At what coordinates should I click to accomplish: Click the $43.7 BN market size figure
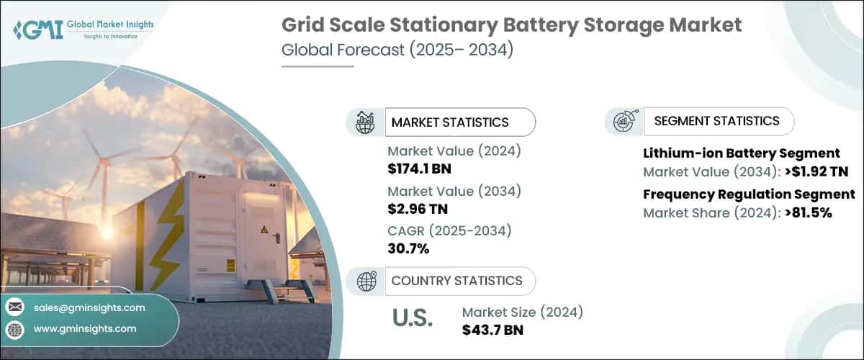[492, 330]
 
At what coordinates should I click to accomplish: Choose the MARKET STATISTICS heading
[450, 122]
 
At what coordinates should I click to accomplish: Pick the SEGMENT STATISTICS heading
[716, 121]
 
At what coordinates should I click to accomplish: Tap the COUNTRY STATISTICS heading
[456, 281]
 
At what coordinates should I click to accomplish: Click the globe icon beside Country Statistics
[366, 281]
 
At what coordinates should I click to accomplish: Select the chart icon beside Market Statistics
[366, 122]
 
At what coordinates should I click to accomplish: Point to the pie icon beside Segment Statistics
[624, 121]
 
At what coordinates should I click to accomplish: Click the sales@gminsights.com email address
[89, 307]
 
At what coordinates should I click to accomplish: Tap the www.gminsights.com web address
[85, 328]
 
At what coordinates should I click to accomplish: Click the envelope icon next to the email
[15, 307]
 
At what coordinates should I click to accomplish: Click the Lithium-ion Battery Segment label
[741, 153]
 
